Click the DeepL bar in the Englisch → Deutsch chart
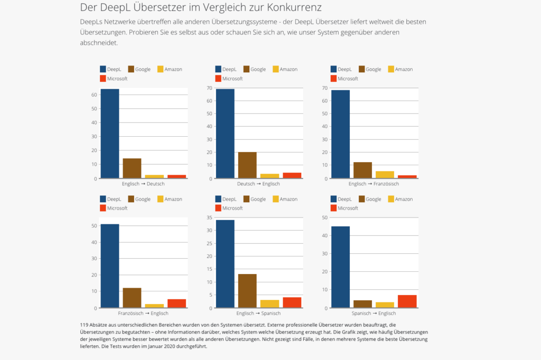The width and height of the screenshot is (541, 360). (x=109, y=134)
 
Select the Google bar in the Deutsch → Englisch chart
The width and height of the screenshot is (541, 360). (x=247, y=165)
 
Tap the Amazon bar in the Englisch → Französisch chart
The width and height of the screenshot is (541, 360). (x=385, y=175)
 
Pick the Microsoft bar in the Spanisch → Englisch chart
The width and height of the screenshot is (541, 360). (x=407, y=301)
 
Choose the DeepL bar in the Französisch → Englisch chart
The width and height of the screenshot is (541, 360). (x=109, y=266)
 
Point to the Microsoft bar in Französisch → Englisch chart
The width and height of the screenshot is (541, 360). (x=176, y=304)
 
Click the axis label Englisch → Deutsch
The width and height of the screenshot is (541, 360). (x=143, y=184)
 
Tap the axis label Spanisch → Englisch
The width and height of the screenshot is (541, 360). (x=374, y=313)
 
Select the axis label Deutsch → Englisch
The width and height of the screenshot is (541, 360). (x=259, y=184)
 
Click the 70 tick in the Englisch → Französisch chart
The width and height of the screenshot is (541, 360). (x=324, y=88)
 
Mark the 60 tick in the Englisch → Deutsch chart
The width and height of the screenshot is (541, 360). (x=94, y=95)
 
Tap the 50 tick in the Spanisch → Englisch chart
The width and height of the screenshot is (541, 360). (x=324, y=217)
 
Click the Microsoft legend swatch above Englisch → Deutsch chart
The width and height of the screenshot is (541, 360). (x=103, y=79)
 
